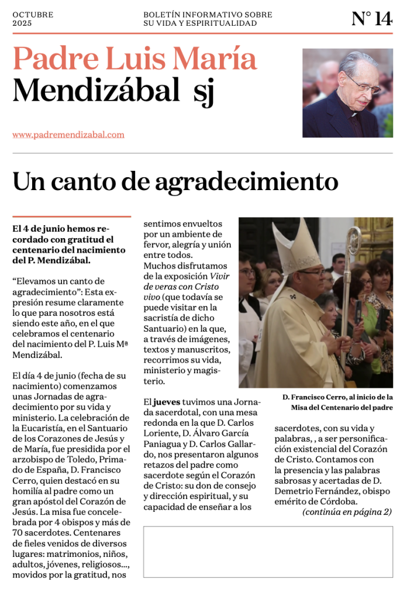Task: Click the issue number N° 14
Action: [372, 19]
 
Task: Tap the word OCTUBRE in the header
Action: [33, 15]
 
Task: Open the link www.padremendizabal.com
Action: [68, 135]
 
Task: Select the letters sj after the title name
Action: [203, 92]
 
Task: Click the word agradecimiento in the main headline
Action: [246, 182]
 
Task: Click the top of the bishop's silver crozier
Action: [353, 240]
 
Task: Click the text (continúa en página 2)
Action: [347, 512]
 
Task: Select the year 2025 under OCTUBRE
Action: [22, 23]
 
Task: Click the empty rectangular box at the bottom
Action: [268, 551]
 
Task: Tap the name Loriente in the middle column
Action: [161, 433]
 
